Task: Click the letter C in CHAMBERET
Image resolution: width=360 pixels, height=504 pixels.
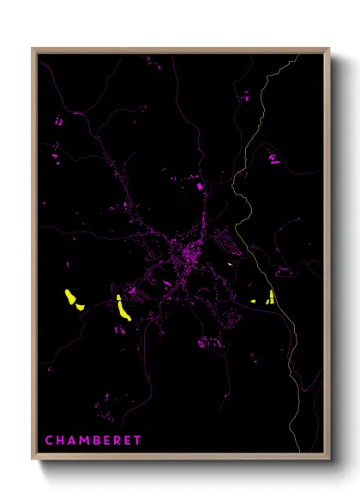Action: click(x=49, y=441)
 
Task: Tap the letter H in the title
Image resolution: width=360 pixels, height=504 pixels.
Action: click(x=60, y=441)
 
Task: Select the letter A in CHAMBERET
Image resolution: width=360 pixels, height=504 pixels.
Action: click(x=71, y=441)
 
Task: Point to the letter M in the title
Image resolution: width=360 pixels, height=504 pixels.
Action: click(x=83, y=441)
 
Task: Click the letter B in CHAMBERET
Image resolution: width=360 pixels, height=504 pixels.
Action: click(x=95, y=441)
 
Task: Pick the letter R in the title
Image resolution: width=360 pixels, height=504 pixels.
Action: click(x=117, y=441)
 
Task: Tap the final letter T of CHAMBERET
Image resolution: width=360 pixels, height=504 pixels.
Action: click(x=137, y=441)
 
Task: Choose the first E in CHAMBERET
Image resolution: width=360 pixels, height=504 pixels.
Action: click(x=106, y=441)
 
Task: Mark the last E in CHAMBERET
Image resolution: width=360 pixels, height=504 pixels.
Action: click(x=127, y=441)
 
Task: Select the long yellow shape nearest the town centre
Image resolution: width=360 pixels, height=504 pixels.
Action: click(x=123, y=309)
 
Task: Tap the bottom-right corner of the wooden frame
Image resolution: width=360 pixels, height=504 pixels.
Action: click(x=328, y=462)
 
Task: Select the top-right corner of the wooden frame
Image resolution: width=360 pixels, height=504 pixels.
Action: click(x=328, y=50)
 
